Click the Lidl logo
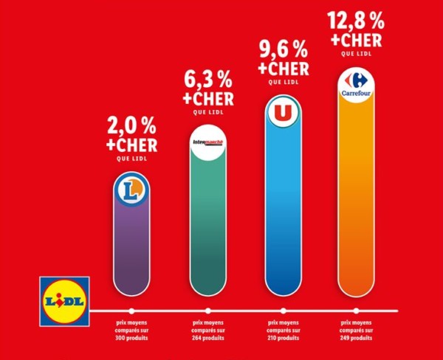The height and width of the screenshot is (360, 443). [x=64, y=300]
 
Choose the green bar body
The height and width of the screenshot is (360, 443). [x=207, y=229]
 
